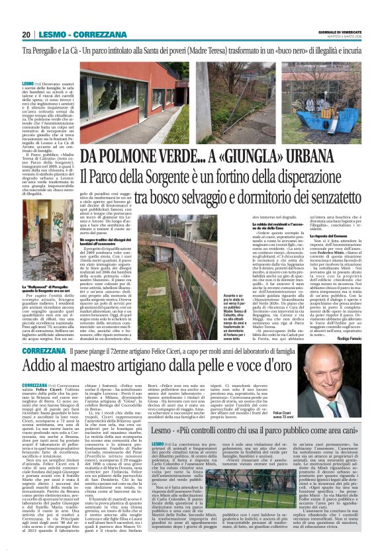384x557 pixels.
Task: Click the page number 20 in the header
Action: pyautogui.click(x=26, y=34)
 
